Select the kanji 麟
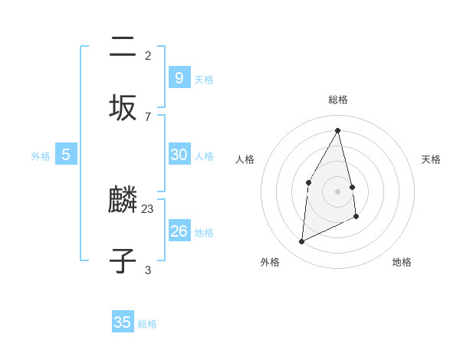(x=123, y=201)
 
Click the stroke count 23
(x=148, y=208)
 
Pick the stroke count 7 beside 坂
(x=148, y=116)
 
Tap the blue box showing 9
(x=179, y=77)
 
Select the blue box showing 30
(x=179, y=155)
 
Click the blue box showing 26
(x=179, y=231)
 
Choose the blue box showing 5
(x=66, y=155)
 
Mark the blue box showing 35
(x=123, y=322)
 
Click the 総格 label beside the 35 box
(x=147, y=324)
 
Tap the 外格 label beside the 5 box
(x=41, y=156)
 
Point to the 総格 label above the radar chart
(x=338, y=100)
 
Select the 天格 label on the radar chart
(x=431, y=159)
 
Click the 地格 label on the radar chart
(x=402, y=262)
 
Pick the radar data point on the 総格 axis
(x=338, y=130)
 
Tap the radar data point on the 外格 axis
(x=301, y=242)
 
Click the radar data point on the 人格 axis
(x=308, y=182)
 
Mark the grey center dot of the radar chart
(x=338, y=191)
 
